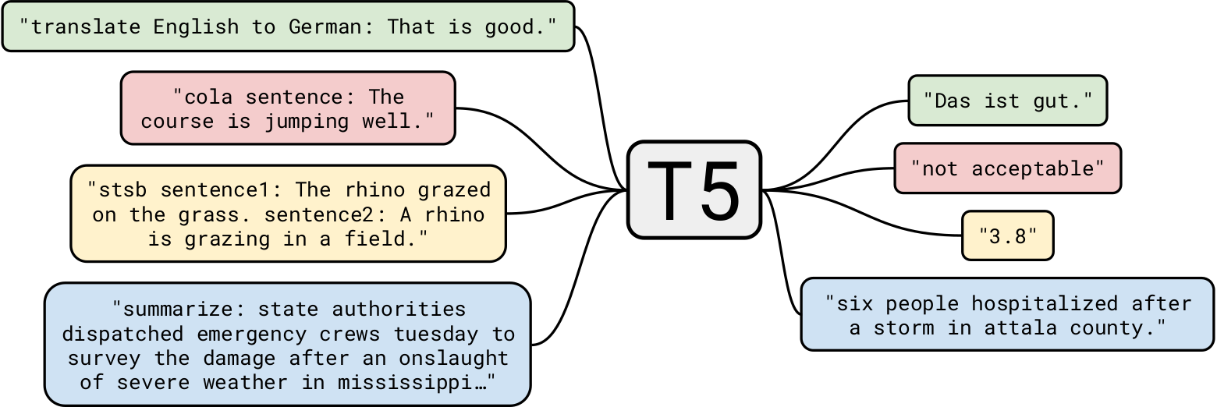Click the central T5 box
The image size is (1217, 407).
pos(694,189)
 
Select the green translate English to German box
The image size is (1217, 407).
pos(288,27)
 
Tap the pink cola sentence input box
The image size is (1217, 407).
pos(288,108)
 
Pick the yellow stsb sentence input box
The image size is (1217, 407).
pos(288,214)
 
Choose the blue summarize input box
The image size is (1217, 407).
pos(288,345)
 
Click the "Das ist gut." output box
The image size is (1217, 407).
pos(1007,100)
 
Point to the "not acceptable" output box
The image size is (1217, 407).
pos(1007,168)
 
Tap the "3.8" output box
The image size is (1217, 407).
pos(1007,235)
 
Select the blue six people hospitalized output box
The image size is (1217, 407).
pos(1007,314)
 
